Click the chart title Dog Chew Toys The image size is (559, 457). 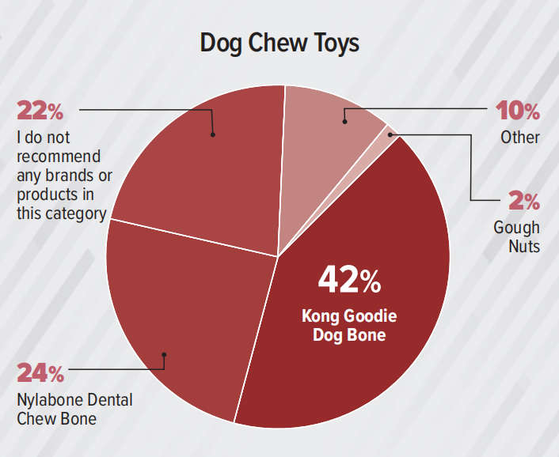click(279, 43)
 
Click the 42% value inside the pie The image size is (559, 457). click(349, 278)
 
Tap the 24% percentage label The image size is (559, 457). click(40, 372)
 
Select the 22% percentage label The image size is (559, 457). click(40, 111)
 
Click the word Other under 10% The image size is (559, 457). click(520, 137)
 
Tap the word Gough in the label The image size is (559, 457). click(516, 228)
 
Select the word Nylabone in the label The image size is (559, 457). click(49, 399)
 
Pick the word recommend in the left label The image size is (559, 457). click(52, 156)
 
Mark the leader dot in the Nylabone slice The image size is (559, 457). click(164, 354)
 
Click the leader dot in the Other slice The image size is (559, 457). click(344, 122)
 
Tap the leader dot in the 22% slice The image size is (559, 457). click(213, 134)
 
